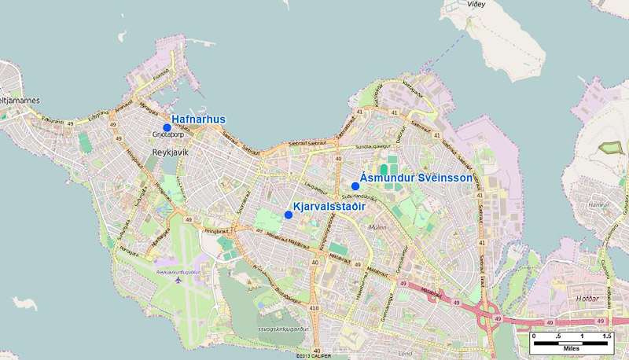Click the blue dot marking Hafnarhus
(167, 127)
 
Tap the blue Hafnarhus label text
(198, 119)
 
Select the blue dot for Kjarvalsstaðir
(289, 215)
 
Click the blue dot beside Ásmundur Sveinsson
(355, 186)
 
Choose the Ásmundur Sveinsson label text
(417, 178)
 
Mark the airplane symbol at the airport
(180, 278)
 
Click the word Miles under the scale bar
(569, 347)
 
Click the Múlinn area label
(378, 226)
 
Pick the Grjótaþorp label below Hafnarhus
(167, 135)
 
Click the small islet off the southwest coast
(24, 303)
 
